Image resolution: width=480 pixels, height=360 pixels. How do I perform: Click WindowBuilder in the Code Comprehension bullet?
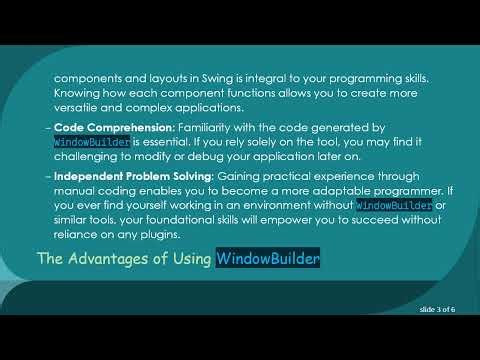click(90, 143)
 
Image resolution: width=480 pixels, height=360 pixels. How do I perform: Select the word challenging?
click(88, 158)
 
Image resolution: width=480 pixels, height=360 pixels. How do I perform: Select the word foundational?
click(204, 221)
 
